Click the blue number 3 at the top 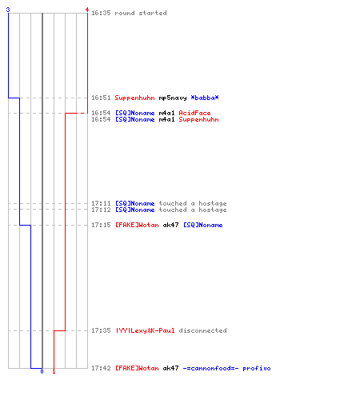[8, 10]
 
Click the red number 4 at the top [87, 10]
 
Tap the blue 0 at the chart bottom [42, 371]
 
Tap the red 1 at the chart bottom [54, 371]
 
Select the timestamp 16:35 [101, 13]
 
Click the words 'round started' [141, 13]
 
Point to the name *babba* [205, 98]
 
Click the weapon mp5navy [173, 98]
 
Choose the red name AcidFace [194, 113]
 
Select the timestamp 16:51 [101, 98]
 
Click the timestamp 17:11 [101, 203]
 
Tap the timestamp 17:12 [101, 210]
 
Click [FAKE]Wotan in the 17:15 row [137, 225]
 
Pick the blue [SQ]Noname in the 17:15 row [203, 225]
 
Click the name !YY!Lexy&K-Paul [145, 330]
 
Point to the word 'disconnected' [202, 330]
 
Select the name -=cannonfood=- [210, 368]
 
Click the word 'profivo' [257, 368]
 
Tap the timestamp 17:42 [101, 368]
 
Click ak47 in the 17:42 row [170, 368]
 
